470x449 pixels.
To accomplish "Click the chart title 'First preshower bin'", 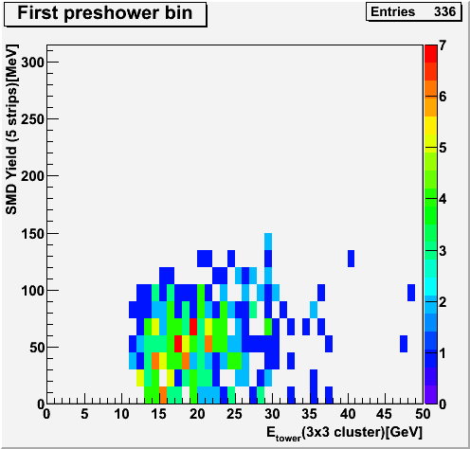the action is pyautogui.click(x=105, y=13).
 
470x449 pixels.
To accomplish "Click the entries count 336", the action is pyautogui.click(x=444, y=11).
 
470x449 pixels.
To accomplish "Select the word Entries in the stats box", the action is pyautogui.click(x=392, y=11).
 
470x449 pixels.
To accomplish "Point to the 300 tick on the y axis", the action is pyautogui.click(x=32, y=63).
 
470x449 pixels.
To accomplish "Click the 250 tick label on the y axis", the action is pyautogui.click(x=32, y=119).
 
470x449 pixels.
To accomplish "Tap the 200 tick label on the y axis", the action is pyautogui.click(x=32, y=176).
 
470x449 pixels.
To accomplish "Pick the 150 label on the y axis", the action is pyautogui.click(x=32, y=234).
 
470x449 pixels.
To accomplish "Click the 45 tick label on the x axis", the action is pyautogui.click(x=385, y=414).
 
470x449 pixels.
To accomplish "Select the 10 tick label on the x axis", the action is pyautogui.click(x=121, y=414).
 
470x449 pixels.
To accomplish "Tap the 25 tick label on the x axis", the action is pyautogui.click(x=234, y=414).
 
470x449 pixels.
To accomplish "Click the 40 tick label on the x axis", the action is pyautogui.click(x=348, y=414).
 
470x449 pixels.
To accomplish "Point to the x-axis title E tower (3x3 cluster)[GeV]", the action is pyautogui.click(x=344, y=433).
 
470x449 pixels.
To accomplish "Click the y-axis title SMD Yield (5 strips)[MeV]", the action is pyautogui.click(x=11, y=130).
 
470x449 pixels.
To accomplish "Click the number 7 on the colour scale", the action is pyautogui.click(x=443, y=45).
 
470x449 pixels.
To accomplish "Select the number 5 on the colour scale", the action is pyautogui.click(x=443, y=148).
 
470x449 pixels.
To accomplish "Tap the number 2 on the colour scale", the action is pyautogui.click(x=443, y=302).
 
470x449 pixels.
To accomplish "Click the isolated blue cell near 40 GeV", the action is pyautogui.click(x=351, y=259).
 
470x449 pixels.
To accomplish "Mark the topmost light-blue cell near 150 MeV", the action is pyautogui.click(x=268, y=242).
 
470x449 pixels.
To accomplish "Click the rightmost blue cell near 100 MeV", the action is pyautogui.click(x=411, y=293).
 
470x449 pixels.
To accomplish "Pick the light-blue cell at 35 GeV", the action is pyautogui.click(x=314, y=310).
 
